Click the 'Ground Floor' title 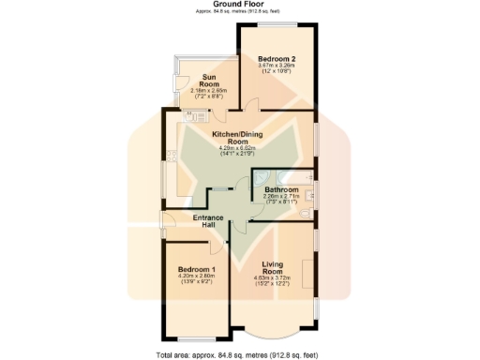(239, 4)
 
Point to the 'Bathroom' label (281, 188)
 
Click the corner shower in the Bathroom (260, 180)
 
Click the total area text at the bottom (239, 355)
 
